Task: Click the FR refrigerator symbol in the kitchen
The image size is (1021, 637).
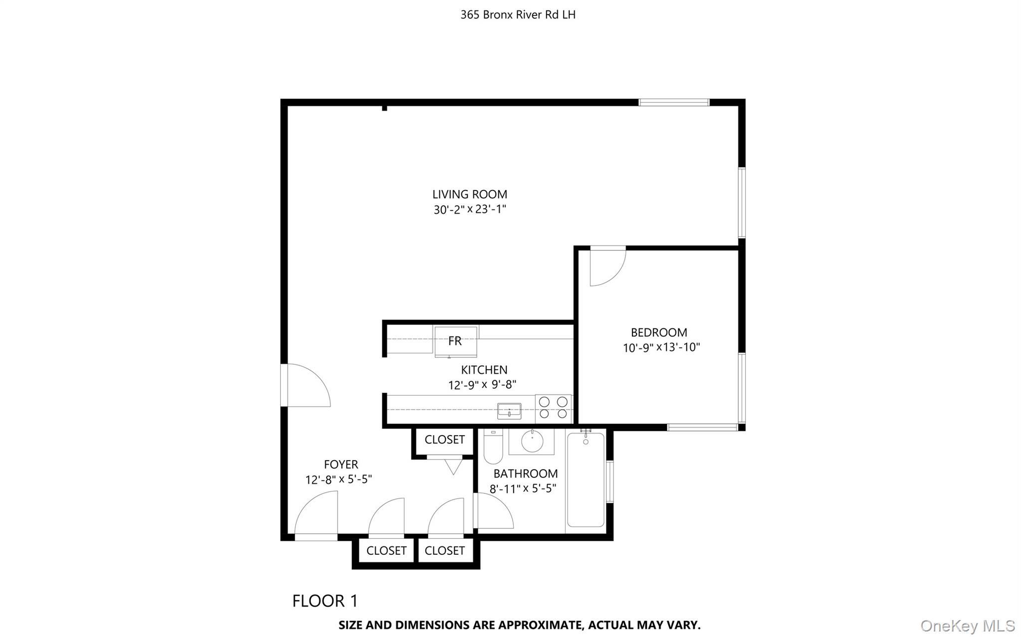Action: pyautogui.click(x=455, y=341)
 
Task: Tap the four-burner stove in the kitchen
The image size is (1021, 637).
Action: pyautogui.click(x=553, y=408)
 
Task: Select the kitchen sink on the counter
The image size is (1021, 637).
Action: pyautogui.click(x=509, y=411)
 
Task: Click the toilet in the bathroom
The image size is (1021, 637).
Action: pyautogui.click(x=493, y=448)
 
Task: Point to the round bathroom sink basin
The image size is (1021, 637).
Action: pyautogui.click(x=532, y=440)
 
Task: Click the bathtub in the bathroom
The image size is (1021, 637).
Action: pyautogui.click(x=586, y=480)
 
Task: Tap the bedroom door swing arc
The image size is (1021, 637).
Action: pyautogui.click(x=608, y=268)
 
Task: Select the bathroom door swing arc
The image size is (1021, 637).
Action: pyautogui.click(x=494, y=511)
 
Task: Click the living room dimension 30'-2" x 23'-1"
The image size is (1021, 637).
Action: pyautogui.click(x=469, y=209)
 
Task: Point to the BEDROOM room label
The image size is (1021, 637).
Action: pyautogui.click(x=659, y=332)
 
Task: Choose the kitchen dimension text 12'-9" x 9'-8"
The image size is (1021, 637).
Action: pyautogui.click(x=482, y=385)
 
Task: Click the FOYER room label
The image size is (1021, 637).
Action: pyautogui.click(x=341, y=465)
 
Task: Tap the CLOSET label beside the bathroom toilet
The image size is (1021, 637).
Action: pyautogui.click(x=444, y=440)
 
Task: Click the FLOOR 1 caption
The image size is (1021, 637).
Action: pyautogui.click(x=325, y=601)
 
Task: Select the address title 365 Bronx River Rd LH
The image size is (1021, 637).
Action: pyautogui.click(x=518, y=15)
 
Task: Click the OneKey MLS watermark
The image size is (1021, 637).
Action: pyautogui.click(x=967, y=626)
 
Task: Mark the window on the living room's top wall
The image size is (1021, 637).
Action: pyautogui.click(x=674, y=103)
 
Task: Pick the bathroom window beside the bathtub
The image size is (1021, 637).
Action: pyautogui.click(x=610, y=481)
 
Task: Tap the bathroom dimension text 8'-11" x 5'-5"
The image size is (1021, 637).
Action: pyautogui.click(x=523, y=488)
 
